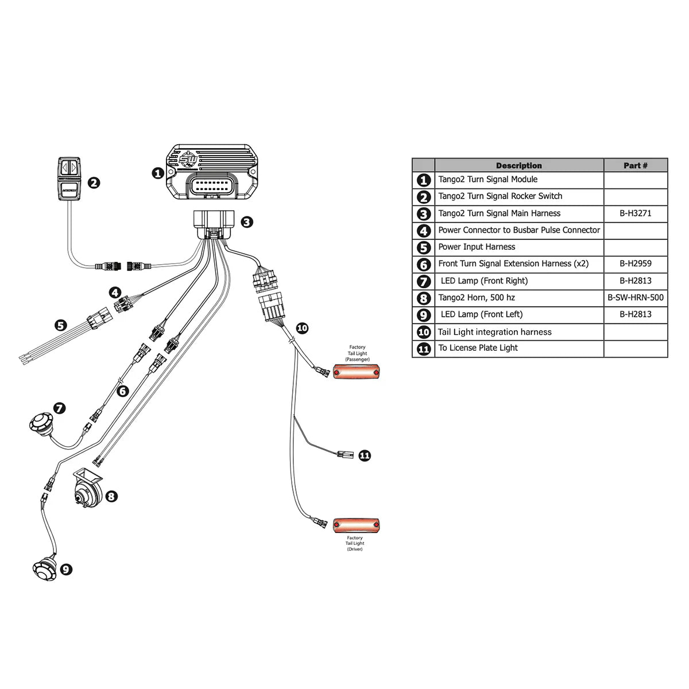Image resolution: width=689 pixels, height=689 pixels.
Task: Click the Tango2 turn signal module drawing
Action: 212,173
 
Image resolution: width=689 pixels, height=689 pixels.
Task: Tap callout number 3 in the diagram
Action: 246,222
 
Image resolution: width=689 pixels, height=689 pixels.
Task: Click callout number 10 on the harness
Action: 302,328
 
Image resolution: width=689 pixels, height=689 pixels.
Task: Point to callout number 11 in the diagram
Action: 365,455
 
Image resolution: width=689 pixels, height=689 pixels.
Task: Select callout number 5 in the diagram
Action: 60,326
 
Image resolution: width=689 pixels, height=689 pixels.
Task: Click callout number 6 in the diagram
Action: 122,391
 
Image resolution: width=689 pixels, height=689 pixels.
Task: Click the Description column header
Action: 518,165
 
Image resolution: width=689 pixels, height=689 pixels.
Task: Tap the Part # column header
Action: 635,165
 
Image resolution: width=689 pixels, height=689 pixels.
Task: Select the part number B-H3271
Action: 635,213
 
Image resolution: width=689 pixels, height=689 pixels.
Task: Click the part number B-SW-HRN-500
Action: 635,298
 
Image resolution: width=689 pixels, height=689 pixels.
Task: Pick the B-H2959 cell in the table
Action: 635,264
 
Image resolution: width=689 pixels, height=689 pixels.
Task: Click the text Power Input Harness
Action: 477,247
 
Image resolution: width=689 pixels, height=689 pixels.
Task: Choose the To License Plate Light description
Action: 478,348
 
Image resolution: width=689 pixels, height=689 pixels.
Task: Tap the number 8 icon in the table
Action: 424,299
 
